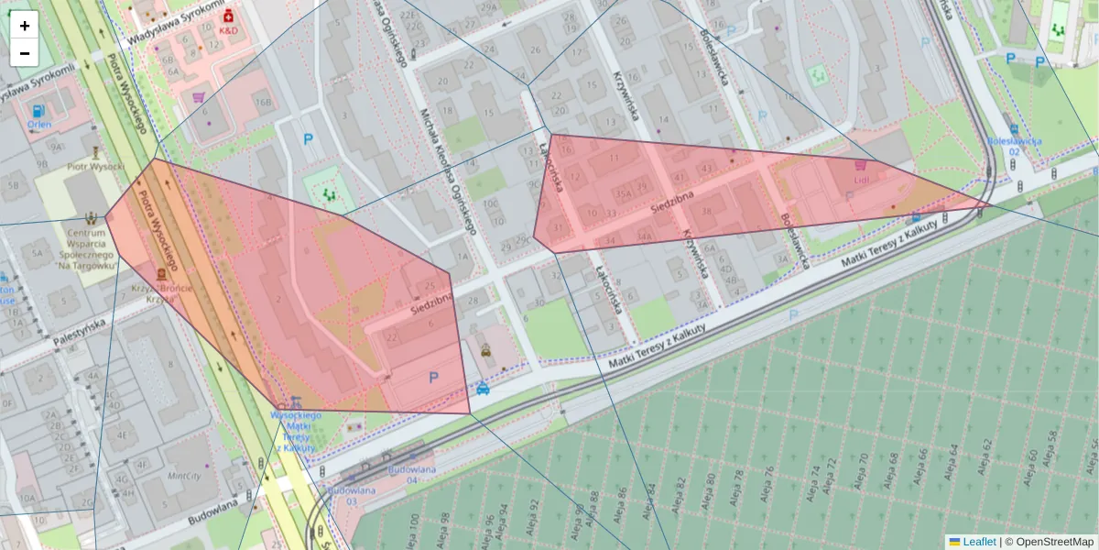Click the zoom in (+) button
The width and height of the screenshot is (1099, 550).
point(25,26)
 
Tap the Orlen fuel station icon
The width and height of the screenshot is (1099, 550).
point(38,111)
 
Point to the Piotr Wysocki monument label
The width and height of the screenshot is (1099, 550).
point(95,167)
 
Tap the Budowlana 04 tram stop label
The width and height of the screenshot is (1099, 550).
point(409,474)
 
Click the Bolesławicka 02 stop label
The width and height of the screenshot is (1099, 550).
point(1015,146)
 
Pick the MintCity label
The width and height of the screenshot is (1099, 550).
point(183,477)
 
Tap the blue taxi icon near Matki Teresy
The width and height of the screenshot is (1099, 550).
point(483,389)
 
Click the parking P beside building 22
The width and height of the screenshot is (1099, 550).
point(433,377)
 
